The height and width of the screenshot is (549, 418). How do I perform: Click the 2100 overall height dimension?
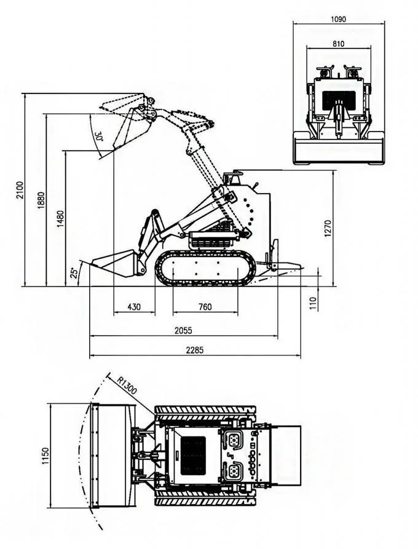(20, 190)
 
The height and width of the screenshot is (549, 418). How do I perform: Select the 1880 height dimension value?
(41, 200)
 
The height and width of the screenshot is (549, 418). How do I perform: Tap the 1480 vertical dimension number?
(60, 219)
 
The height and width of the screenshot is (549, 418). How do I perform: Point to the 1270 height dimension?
(328, 228)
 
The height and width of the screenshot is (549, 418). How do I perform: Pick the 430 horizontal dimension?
(133, 307)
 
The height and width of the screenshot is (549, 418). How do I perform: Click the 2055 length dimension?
(183, 330)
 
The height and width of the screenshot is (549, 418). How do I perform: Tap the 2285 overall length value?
(194, 350)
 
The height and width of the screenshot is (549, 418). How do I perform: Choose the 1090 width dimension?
(338, 19)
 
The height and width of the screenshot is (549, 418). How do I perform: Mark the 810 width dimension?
(338, 44)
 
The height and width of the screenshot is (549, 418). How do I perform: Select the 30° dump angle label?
(99, 136)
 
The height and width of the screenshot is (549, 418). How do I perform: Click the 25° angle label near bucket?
(74, 272)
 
